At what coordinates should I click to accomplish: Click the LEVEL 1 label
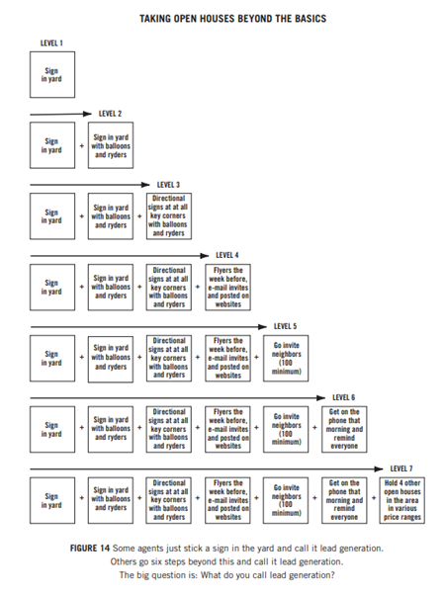(x=51, y=43)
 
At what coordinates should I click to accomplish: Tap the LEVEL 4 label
(x=227, y=255)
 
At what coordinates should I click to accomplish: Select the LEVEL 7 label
(x=401, y=468)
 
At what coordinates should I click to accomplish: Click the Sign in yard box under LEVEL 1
(x=52, y=75)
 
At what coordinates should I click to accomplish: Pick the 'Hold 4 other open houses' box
(x=401, y=500)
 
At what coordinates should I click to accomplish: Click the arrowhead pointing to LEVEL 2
(x=88, y=114)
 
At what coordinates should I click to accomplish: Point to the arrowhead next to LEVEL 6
(x=321, y=397)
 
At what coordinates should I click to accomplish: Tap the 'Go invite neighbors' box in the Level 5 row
(x=286, y=358)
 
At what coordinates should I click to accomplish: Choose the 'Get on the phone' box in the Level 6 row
(x=344, y=429)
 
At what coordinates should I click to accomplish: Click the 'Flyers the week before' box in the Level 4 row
(x=227, y=288)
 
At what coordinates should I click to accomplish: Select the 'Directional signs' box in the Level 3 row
(x=169, y=215)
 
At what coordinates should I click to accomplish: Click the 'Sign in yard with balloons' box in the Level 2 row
(x=111, y=145)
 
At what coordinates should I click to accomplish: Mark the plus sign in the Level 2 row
(x=81, y=145)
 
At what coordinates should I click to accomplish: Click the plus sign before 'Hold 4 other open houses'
(x=374, y=498)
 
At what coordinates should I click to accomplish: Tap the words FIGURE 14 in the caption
(x=90, y=549)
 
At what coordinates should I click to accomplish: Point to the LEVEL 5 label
(x=285, y=326)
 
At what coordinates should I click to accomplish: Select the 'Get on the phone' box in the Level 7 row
(x=344, y=500)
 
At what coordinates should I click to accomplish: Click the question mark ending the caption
(x=332, y=575)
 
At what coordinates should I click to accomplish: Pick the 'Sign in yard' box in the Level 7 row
(x=52, y=500)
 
